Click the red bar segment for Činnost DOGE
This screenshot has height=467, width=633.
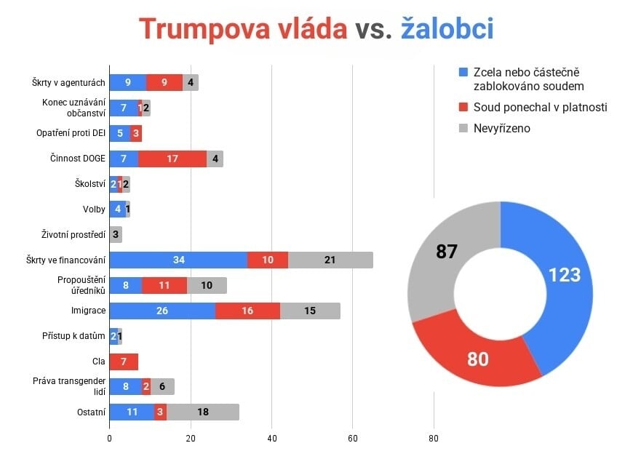[x=172, y=158]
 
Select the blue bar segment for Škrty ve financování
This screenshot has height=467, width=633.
[x=178, y=260]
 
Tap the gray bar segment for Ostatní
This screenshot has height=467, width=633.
[x=203, y=412]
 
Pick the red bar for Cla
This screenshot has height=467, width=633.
[x=124, y=362]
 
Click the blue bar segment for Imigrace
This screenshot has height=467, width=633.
[x=162, y=311]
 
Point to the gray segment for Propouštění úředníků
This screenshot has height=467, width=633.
[x=207, y=285]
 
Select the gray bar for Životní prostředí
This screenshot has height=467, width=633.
[x=115, y=234]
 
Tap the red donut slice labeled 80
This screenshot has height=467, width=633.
[x=478, y=357]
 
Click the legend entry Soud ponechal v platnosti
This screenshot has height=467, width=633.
[x=540, y=107]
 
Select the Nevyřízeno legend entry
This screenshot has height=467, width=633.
[x=502, y=128]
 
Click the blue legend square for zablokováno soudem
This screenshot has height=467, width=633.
[x=463, y=73]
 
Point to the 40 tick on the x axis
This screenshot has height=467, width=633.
[x=271, y=439]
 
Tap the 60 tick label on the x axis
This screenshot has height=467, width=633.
[x=352, y=439]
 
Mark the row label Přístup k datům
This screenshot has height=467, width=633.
[x=75, y=336]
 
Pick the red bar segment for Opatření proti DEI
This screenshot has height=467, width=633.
[x=136, y=133]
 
